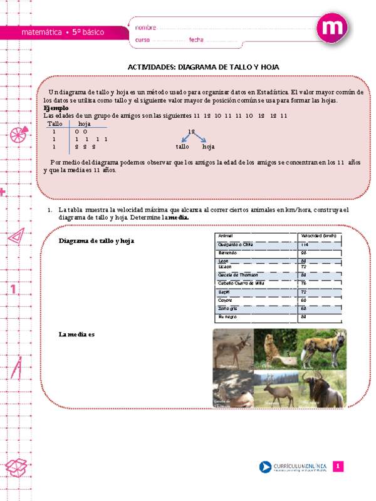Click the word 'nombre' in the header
coord(145,28)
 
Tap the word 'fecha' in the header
coord(196,40)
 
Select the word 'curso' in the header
coord(142,40)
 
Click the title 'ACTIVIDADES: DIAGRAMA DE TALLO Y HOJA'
coord(203,66)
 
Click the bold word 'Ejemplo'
coord(56,108)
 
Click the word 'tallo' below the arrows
coord(182,147)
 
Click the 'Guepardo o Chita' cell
coord(234,244)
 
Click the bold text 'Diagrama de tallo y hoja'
coord(97,240)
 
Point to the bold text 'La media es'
coord(76,334)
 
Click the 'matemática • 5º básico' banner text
coord(63,32)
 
